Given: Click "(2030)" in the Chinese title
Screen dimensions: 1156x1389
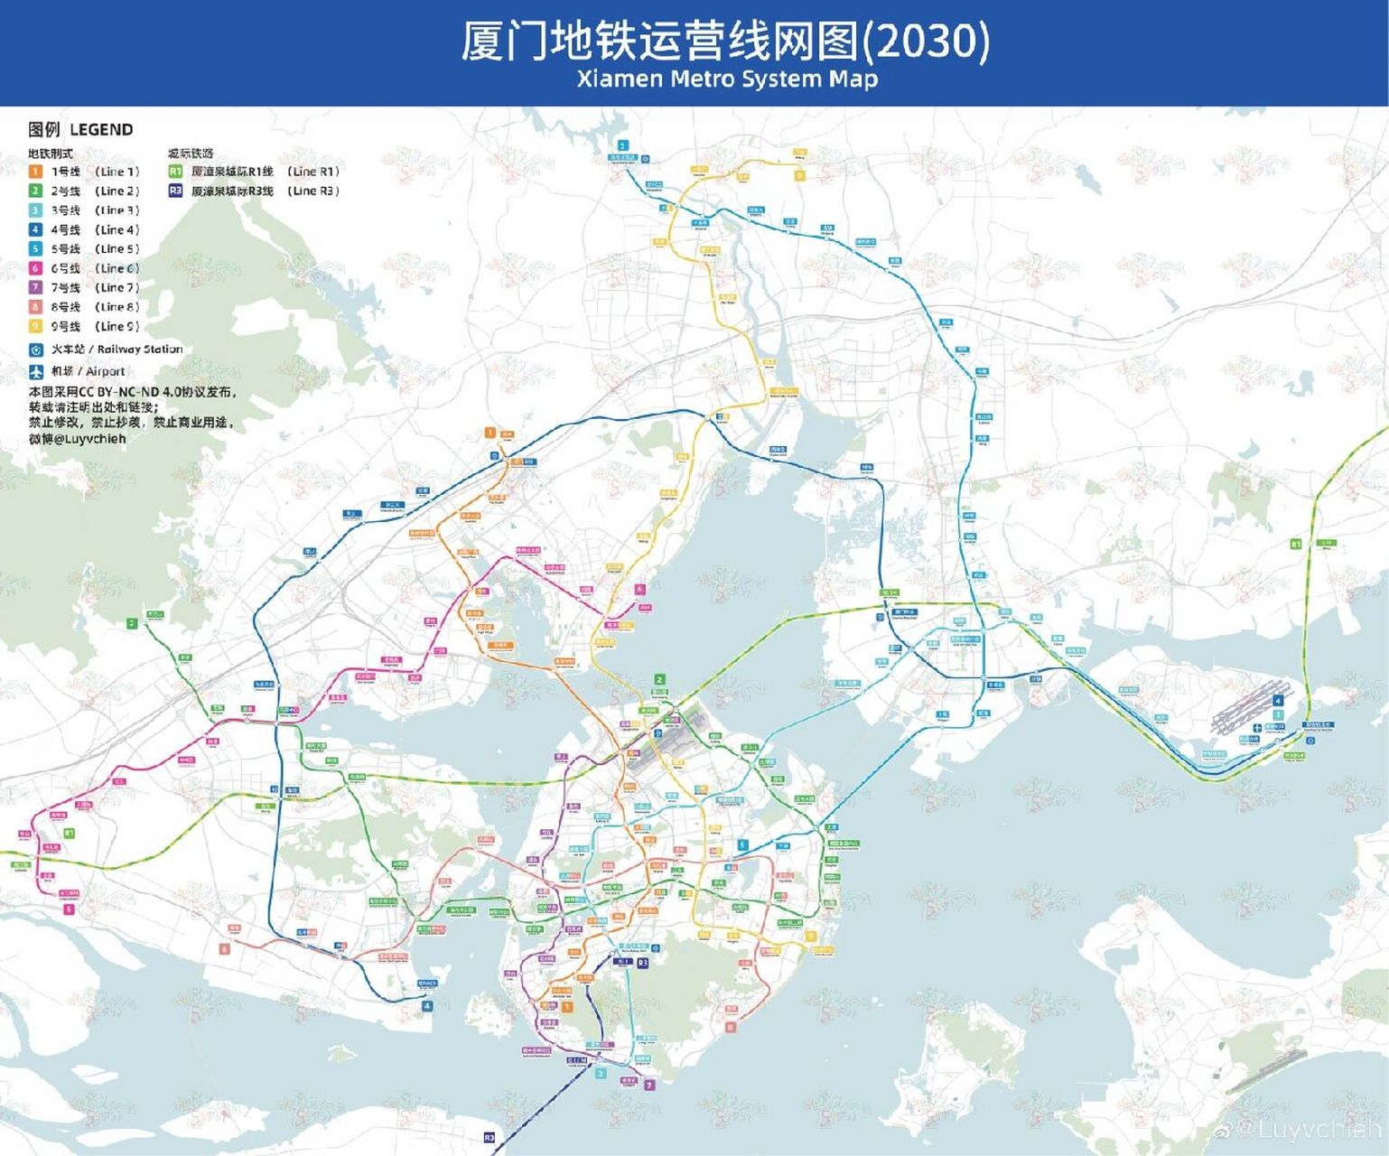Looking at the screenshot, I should (927, 41).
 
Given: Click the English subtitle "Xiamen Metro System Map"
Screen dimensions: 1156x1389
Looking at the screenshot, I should (727, 79).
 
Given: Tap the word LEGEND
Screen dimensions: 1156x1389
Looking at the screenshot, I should (101, 130).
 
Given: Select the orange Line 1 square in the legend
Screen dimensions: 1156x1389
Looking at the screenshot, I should (35, 172).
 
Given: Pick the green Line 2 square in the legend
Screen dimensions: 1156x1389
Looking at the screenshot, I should (35, 191).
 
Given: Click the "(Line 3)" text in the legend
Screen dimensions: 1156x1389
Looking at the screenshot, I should (117, 210).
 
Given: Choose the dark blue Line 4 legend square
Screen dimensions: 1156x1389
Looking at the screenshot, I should (35, 229).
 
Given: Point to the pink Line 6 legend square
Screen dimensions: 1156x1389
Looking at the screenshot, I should (35, 268).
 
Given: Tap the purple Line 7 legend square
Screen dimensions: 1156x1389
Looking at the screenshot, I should (35, 287).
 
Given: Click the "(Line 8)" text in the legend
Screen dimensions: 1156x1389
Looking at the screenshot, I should (117, 307).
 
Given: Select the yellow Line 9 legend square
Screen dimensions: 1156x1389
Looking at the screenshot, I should (35, 326).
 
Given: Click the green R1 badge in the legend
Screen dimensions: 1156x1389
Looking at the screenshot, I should (175, 172).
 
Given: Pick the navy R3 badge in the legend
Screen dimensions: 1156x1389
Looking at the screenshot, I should (175, 191).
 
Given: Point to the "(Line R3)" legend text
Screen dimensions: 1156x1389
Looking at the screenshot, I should (313, 191).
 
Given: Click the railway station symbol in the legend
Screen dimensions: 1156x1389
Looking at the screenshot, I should (35, 350).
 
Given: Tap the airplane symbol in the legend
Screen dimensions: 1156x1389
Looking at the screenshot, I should (35, 371).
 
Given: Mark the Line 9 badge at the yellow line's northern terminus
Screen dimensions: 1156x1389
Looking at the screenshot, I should (799, 175).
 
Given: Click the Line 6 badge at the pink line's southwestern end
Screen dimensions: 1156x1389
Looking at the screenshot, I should (69, 909).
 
